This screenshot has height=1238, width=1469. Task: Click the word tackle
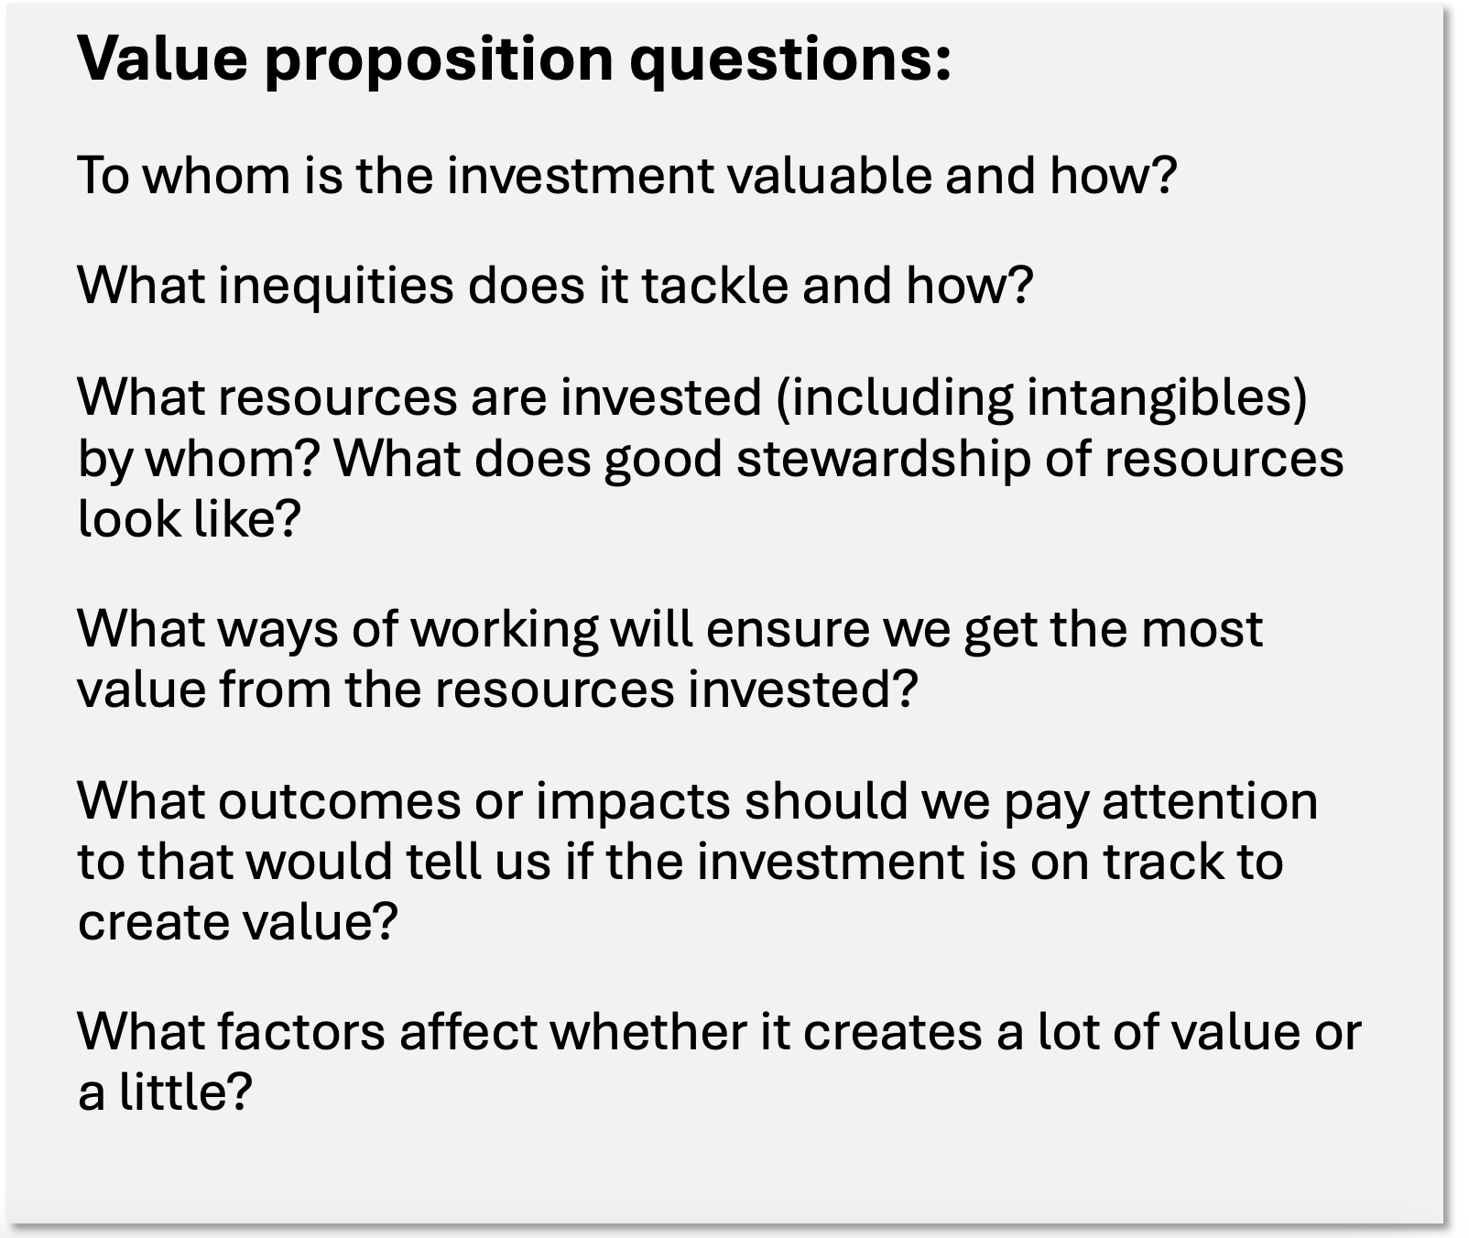714,285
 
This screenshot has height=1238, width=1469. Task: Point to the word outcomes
339,802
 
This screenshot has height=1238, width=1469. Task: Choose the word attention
1210,802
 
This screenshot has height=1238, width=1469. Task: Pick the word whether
647,1032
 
